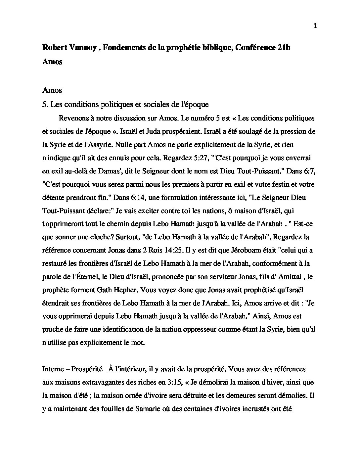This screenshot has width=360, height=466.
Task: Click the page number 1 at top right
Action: [315, 26]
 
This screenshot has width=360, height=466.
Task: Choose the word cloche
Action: [96, 237]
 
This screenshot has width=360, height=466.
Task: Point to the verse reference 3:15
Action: [175, 382]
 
